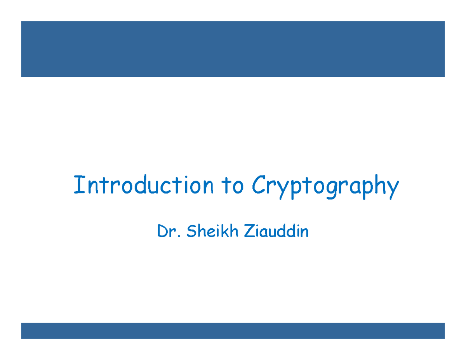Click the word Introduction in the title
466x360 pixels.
143,186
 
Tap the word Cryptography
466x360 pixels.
325,186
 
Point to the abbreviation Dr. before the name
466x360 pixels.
167,232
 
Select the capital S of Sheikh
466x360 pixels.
191,232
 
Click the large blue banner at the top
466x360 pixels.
233,49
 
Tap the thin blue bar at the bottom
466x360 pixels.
233,330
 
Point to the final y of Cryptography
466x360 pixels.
393,189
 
